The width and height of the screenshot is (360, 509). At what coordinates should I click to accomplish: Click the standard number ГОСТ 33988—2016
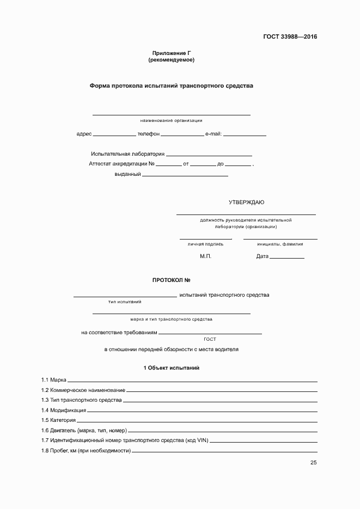pyautogui.click(x=290, y=37)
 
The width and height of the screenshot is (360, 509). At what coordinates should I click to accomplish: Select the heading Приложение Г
pyautogui.click(x=171, y=53)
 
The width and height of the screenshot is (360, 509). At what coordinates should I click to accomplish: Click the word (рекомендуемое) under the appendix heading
pyautogui.click(x=171, y=60)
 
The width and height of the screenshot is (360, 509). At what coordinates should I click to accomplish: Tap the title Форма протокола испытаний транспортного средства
pyautogui.click(x=171, y=85)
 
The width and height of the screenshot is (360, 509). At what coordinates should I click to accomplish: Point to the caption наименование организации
pyautogui.click(x=171, y=120)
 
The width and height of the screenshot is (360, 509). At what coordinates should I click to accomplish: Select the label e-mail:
pyautogui.click(x=213, y=134)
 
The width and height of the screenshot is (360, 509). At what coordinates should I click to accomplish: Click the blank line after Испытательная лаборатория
pyautogui.click(x=209, y=155)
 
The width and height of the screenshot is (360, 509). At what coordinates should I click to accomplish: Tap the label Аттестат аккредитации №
pyautogui.click(x=122, y=164)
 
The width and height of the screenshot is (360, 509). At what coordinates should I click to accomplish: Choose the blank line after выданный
pyautogui.click(x=185, y=175)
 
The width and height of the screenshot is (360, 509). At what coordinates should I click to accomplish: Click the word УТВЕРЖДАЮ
pyautogui.click(x=246, y=203)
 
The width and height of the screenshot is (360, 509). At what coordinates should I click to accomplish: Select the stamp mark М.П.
pyautogui.click(x=205, y=256)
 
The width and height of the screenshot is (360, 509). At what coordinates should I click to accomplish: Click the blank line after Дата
pyautogui.click(x=287, y=257)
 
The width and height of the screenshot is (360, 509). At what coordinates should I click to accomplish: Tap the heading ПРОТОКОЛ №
pyautogui.click(x=171, y=280)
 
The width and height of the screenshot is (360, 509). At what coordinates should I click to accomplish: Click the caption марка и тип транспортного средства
pyautogui.click(x=171, y=320)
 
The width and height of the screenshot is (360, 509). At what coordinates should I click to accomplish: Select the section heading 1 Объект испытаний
pyautogui.click(x=171, y=368)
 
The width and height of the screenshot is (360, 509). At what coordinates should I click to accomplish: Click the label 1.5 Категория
pyautogui.click(x=58, y=420)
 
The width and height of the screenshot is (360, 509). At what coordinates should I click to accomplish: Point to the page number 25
pyautogui.click(x=313, y=463)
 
